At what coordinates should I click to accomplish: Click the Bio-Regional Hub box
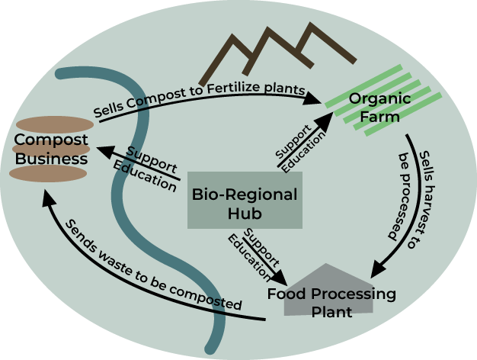pyautogui.click(x=244, y=200)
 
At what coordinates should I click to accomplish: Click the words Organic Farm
pyautogui.click(x=379, y=108)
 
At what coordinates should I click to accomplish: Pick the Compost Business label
pyautogui.click(x=51, y=149)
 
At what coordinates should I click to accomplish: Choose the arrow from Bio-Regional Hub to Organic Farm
pyautogui.click(x=305, y=138)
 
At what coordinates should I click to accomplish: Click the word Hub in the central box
pyautogui.click(x=245, y=213)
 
